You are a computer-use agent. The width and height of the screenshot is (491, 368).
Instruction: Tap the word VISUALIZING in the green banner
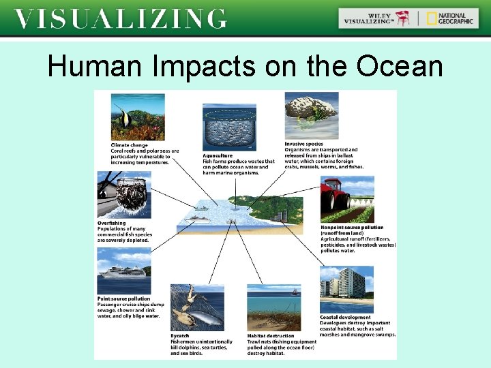(x=120, y=18)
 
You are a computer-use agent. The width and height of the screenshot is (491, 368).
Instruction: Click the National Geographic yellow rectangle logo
(x=432, y=18)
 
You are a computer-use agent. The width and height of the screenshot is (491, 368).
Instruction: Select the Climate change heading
(x=129, y=145)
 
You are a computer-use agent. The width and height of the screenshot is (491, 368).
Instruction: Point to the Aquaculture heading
(x=218, y=155)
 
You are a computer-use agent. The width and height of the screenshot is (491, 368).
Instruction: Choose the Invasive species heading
(x=304, y=144)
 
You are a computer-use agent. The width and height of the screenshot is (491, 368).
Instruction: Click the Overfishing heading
(x=111, y=223)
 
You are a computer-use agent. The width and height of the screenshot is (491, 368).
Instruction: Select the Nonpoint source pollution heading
(x=352, y=228)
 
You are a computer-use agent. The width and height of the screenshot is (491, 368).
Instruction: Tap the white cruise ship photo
(x=123, y=270)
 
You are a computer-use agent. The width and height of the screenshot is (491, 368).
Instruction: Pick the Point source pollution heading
(x=123, y=298)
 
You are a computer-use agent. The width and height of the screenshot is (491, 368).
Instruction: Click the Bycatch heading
(x=180, y=335)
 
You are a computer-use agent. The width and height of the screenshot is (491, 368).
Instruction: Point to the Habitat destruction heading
(x=271, y=335)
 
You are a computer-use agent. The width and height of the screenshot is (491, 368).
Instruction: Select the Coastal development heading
(x=345, y=318)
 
